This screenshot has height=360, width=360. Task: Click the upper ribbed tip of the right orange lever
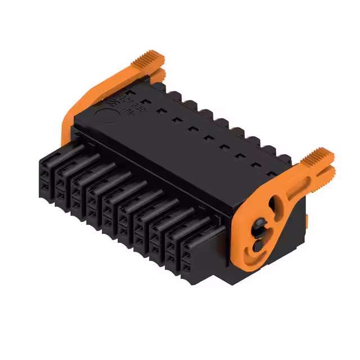[322, 154]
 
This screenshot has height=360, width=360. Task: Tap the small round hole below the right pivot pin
[256, 245]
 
